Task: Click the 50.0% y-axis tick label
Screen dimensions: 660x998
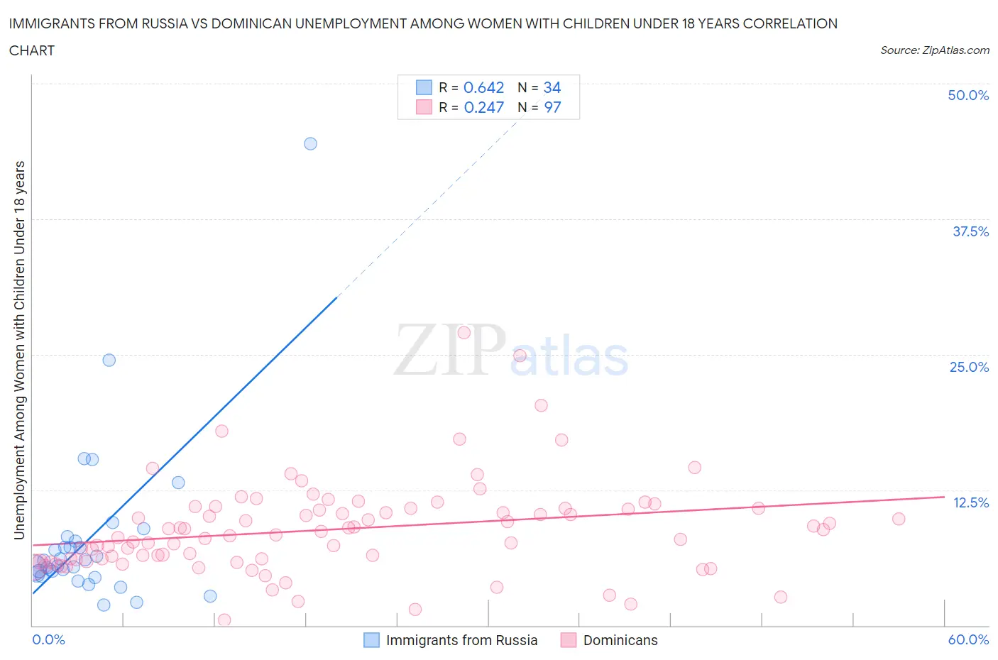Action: point(967,95)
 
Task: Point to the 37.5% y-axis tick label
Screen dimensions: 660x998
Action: point(970,231)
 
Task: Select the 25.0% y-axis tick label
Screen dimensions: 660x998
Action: point(969,367)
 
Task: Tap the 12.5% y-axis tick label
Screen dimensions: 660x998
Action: point(970,502)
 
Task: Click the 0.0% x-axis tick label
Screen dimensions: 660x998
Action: point(48,639)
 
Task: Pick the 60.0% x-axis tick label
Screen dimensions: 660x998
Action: point(968,639)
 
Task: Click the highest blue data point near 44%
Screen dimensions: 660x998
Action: point(310,143)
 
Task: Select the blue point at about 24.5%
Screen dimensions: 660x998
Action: point(109,360)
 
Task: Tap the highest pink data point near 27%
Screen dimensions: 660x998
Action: point(464,332)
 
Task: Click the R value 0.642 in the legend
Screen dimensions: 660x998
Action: point(483,87)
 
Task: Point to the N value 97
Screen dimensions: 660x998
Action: point(552,107)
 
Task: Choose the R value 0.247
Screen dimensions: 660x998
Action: point(483,107)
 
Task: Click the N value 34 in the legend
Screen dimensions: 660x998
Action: point(552,87)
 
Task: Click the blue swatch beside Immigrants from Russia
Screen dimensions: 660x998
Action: point(371,640)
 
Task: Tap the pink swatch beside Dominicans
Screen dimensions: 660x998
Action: point(568,640)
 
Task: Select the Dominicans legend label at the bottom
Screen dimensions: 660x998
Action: point(620,640)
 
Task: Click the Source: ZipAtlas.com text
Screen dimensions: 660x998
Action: point(934,50)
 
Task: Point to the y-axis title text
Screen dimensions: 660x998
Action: point(19,350)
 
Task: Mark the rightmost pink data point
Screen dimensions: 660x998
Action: point(899,519)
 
